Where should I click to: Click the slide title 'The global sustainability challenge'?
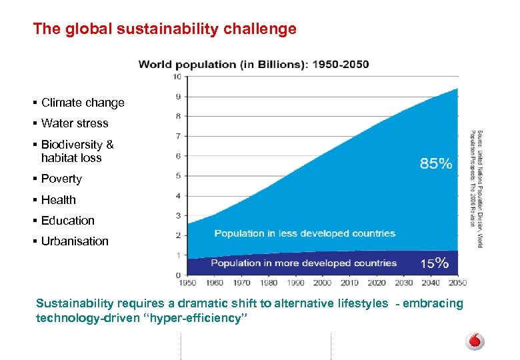point(165,29)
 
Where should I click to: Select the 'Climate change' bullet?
point(83,103)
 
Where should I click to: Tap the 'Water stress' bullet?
point(74,123)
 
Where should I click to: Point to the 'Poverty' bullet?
point(61,179)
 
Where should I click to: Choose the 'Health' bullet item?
point(59,200)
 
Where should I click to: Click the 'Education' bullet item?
point(67,221)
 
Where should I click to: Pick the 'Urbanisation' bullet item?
point(75,241)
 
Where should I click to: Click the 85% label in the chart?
point(436,163)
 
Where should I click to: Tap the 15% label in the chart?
point(435,263)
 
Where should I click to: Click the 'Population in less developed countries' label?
point(305,233)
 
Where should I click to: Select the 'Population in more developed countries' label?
point(303,263)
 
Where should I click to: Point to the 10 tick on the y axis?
point(177,77)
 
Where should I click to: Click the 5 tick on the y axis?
point(178,176)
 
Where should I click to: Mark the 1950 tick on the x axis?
point(189,283)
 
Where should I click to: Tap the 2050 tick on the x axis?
point(458,283)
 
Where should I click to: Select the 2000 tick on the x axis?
point(323,283)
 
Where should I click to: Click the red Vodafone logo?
point(475,341)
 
